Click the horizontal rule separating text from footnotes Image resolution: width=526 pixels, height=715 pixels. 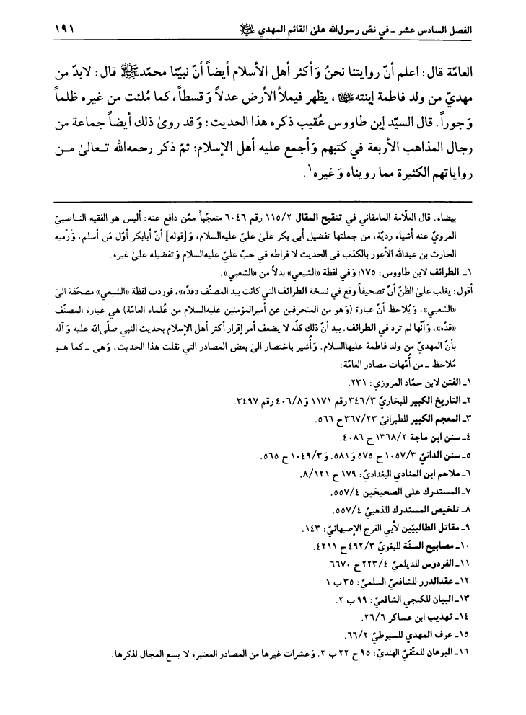pyautogui.click(x=263, y=199)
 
